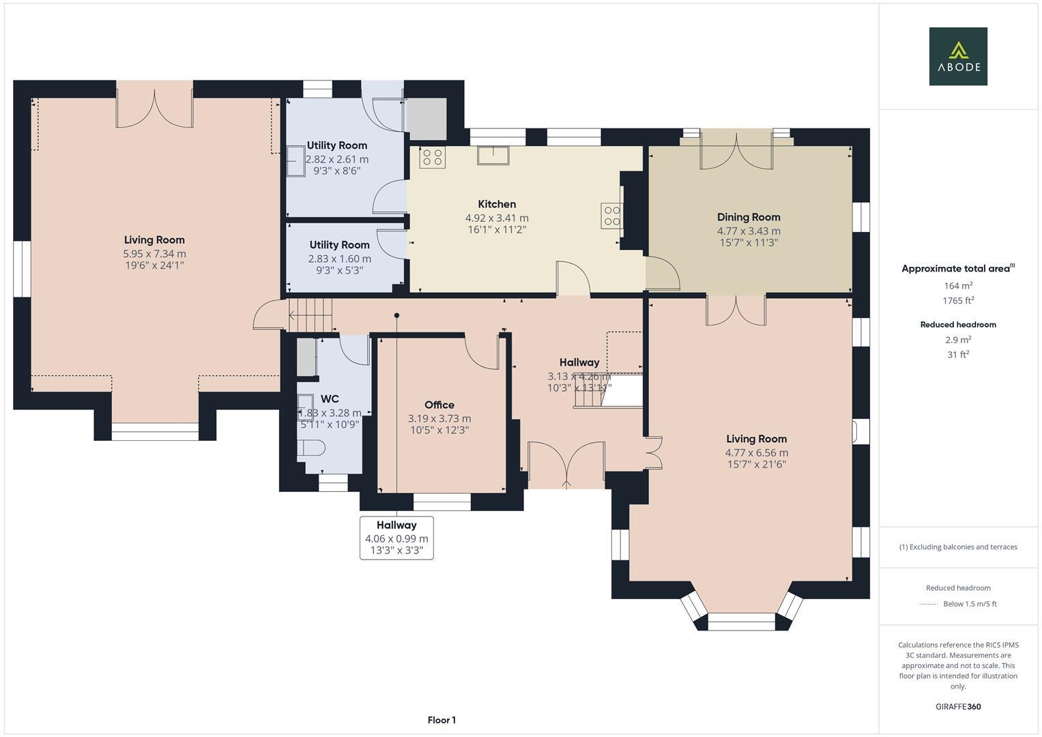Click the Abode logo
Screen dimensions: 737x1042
(x=958, y=56)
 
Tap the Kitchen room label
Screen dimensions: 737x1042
(x=497, y=204)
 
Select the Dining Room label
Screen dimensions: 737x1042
(x=749, y=217)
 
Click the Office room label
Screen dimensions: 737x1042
(x=439, y=405)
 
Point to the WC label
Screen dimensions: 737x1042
(x=330, y=399)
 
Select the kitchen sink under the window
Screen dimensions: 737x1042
(x=492, y=155)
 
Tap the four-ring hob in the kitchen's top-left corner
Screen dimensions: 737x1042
(x=433, y=158)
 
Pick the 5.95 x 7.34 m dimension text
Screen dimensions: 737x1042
(x=154, y=254)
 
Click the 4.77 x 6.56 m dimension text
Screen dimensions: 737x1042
(x=756, y=452)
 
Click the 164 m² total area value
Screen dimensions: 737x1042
(x=958, y=286)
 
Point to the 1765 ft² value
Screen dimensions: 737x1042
(x=958, y=301)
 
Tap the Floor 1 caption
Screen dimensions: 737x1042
(x=442, y=720)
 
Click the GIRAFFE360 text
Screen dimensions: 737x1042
(x=958, y=706)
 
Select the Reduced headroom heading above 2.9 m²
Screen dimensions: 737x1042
(x=958, y=325)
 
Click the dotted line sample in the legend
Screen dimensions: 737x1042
(x=929, y=604)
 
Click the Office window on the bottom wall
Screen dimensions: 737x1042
(x=442, y=504)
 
